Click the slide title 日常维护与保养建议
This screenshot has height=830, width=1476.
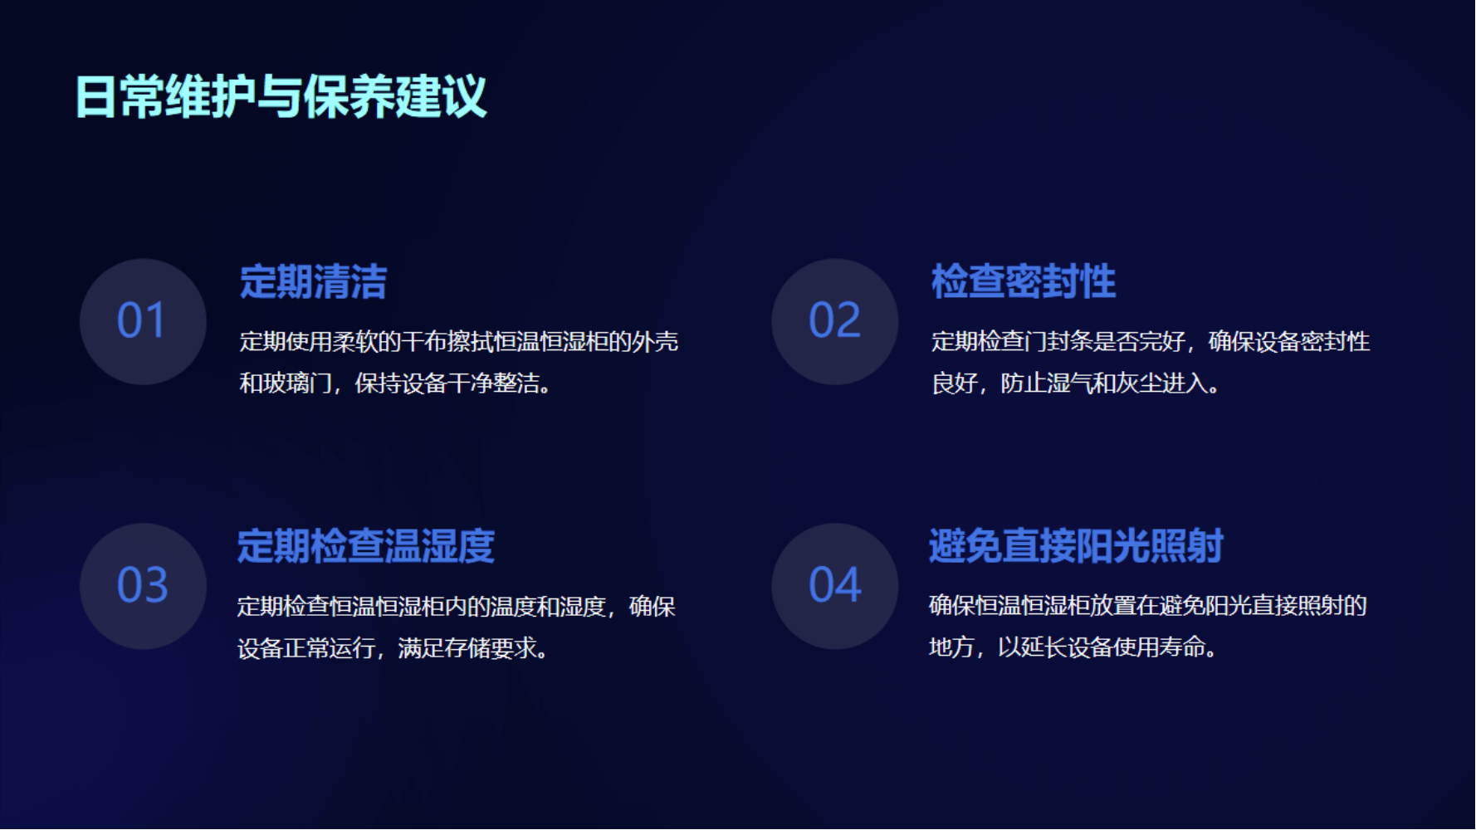pyautogui.click(x=281, y=96)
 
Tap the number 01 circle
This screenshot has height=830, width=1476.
pyautogui.click(x=143, y=321)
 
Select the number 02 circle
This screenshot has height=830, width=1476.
pyautogui.click(x=835, y=321)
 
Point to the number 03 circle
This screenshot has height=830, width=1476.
pyautogui.click(x=143, y=586)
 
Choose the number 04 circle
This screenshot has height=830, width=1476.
pyautogui.click(x=835, y=586)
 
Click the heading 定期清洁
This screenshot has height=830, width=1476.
pyautogui.click(x=313, y=281)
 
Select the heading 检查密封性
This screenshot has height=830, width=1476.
pyautogui.click(x=1024, y=281)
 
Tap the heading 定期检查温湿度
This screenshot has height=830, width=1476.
pyautogui.click(x=366, y=546)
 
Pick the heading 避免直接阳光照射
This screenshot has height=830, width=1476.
pyautogui.click(x=1076, y=546)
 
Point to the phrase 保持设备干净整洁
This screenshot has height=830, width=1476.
pyautogui.click(x=447, y=383)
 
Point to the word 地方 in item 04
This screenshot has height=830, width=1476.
pyautogui.click(x=951, y=647)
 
